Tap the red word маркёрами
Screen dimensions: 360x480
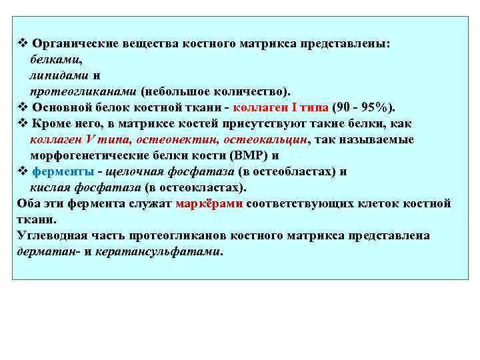209,203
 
